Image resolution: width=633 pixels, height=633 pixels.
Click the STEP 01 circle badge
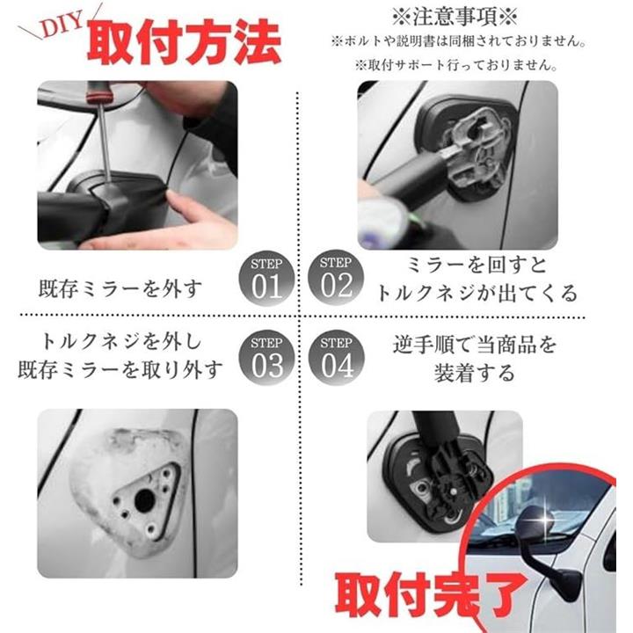[x=266, y=279]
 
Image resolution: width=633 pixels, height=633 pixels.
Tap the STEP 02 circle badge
[x=336, y=277]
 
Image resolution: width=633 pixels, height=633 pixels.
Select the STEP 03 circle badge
[x=266, y=358]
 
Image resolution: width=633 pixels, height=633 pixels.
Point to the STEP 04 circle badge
[x=336, y=358]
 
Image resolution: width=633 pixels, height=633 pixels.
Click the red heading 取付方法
[x=184, y=42]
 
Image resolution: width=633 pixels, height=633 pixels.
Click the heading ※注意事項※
[x=455, y=17]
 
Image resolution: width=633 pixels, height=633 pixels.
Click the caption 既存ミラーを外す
[x=120, y=289]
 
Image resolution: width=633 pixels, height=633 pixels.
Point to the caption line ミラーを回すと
[x=477, y=266]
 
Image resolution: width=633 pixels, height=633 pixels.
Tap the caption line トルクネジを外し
[x=121, y=342]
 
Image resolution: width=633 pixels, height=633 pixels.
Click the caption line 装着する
[x=475, y=373]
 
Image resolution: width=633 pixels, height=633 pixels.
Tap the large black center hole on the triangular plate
[x=144, y=500]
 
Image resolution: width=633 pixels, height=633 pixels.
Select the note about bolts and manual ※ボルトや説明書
[x=459, y=41]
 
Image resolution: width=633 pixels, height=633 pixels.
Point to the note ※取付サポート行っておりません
[x=456, y=65]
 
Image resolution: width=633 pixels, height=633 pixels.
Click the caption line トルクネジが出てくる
[x=477, y=293]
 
